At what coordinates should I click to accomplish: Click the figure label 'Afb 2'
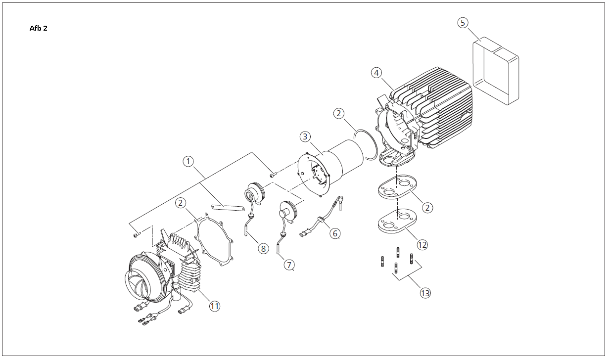coord(39,28)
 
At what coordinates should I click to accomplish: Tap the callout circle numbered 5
coord(463,23)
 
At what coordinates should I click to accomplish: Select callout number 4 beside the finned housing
coord(376,73)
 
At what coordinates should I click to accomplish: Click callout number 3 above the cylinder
coord(305,136)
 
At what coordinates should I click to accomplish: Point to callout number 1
coord(188,162)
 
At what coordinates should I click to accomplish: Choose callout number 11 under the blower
coord(215,307)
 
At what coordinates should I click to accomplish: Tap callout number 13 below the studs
coord(425,293)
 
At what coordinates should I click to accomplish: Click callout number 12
coord(422,245)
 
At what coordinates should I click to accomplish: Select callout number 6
coord(335,233)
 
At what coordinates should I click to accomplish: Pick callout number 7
coord(289,265)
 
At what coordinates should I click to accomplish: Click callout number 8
coord(263,249)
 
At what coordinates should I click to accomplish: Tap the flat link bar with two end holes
coord(228,208)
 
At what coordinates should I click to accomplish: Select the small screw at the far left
coord(137,234)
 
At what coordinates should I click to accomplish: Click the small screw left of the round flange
coord(273,175)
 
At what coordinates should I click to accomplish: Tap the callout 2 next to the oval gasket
coord(427,208)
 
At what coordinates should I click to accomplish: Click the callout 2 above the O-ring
coord(338,114)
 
